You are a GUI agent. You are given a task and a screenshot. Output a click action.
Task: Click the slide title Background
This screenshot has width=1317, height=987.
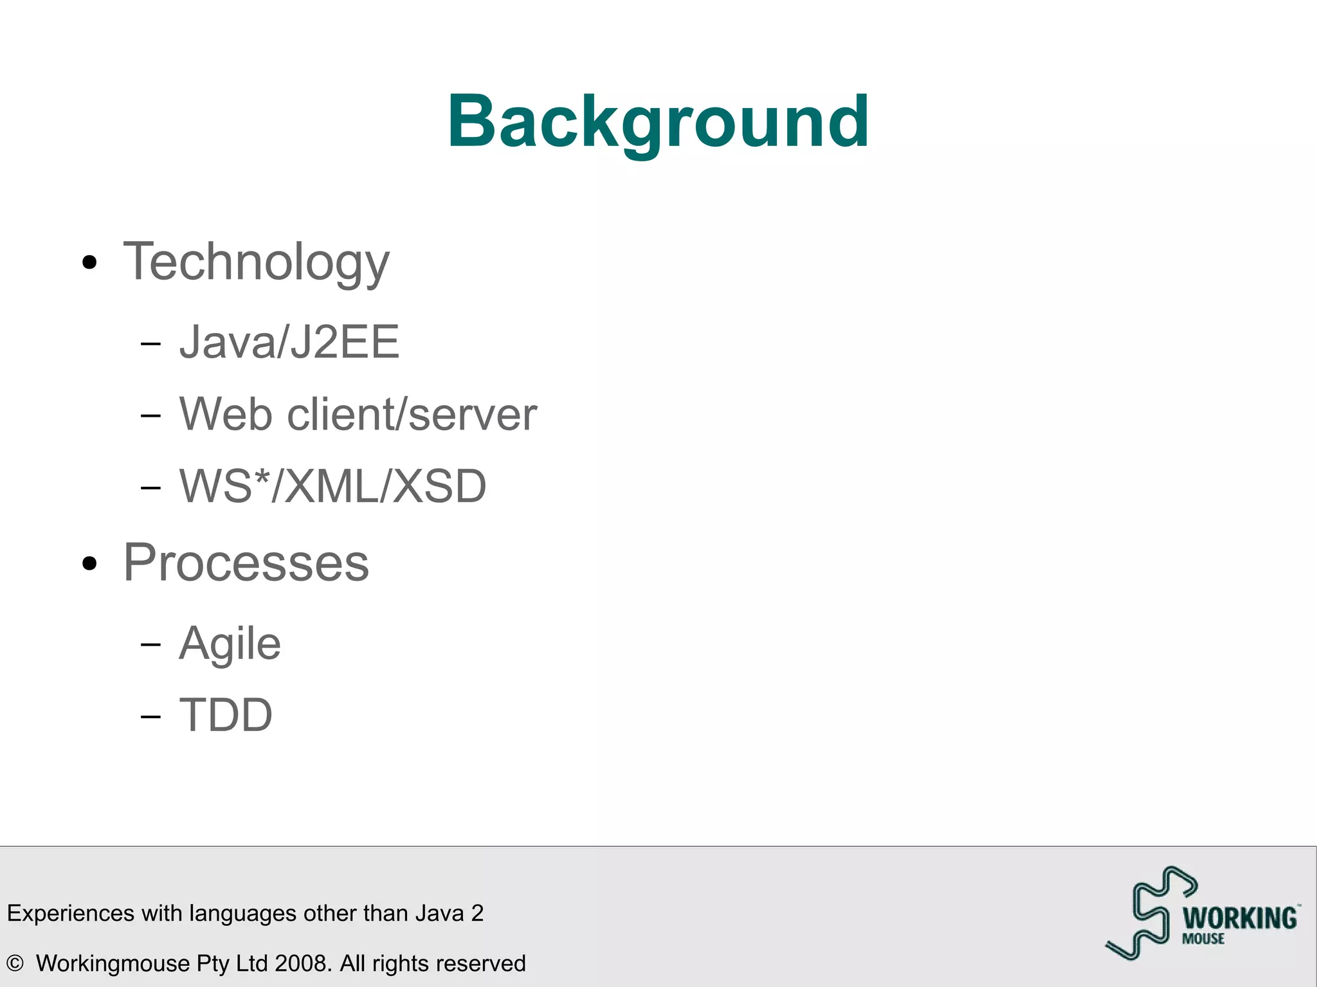pos(658,122)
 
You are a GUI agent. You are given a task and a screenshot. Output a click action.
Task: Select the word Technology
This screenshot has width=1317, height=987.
pos(256,262)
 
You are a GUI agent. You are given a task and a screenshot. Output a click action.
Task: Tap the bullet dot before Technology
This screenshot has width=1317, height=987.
pos(90,262)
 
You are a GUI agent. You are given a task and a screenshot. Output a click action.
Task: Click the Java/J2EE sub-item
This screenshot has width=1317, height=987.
pos(289,342)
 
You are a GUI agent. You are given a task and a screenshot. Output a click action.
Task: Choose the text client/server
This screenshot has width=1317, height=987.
pos(412,414)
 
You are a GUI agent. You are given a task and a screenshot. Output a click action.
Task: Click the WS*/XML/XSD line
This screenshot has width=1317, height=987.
pos(332,486)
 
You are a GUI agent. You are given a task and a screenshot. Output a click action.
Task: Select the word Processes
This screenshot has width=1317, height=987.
pos(246,563)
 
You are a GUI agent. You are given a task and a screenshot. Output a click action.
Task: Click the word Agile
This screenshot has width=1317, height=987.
pos(230,644)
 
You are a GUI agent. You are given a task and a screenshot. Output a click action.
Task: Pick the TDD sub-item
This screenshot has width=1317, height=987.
pos(226,715)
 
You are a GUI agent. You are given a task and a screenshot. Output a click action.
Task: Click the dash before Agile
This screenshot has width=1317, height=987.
pos(150,644)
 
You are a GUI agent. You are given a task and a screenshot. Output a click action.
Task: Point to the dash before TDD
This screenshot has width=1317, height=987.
pos(150,716)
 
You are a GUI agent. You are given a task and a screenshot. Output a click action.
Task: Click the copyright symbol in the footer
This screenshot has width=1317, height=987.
pos(15,963)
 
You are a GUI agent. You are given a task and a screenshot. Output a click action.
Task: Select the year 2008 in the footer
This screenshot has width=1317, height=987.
pos(303,963)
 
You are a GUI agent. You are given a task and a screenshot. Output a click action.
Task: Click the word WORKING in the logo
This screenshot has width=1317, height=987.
pos(1240,918)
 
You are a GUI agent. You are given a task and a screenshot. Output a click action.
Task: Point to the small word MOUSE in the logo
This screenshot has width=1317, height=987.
pos(1203,939)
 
